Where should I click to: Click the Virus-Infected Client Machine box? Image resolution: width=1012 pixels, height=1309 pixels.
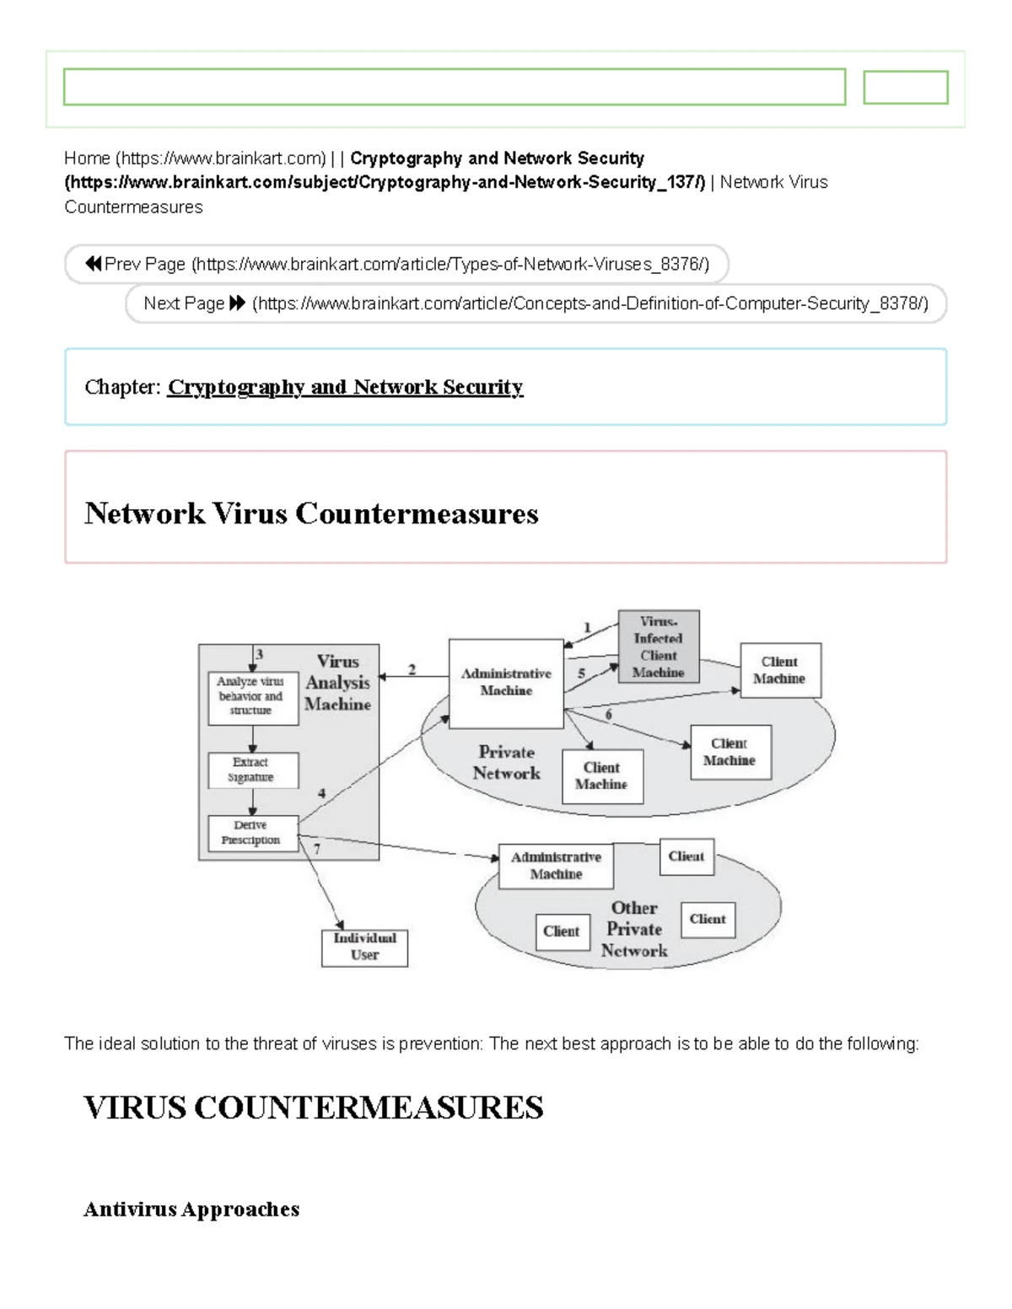pos(659,646)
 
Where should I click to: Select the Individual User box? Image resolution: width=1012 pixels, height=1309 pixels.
pos(364,947)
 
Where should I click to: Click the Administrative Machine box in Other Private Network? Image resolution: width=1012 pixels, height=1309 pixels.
pos(556,866)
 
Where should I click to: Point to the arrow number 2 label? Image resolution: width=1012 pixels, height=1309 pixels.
pos(412,669)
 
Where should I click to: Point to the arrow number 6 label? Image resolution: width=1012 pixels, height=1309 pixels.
pos(608,715)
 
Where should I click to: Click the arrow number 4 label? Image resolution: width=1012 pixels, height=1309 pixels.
pos(321,793)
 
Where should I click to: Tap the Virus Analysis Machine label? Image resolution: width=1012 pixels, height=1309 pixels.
pos(338,683)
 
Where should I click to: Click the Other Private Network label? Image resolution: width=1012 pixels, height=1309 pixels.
pos(634,929)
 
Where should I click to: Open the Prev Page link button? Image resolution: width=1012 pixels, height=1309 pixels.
pos(396,265)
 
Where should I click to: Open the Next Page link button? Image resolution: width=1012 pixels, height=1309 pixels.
pos(536,303)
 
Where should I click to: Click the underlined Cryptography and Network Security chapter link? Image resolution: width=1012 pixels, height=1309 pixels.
pos(345,387)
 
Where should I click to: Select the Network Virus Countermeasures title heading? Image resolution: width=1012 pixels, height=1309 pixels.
pos(311,513)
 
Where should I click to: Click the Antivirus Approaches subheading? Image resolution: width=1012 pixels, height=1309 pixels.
pos(191,1210)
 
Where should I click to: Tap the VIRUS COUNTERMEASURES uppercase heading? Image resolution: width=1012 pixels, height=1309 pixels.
pos(313,1108)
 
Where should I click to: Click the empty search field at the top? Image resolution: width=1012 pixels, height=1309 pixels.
pos(455,87)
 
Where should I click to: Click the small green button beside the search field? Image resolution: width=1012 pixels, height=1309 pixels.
pos(906,87)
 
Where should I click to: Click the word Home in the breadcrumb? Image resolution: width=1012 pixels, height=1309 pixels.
pos(87,158)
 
